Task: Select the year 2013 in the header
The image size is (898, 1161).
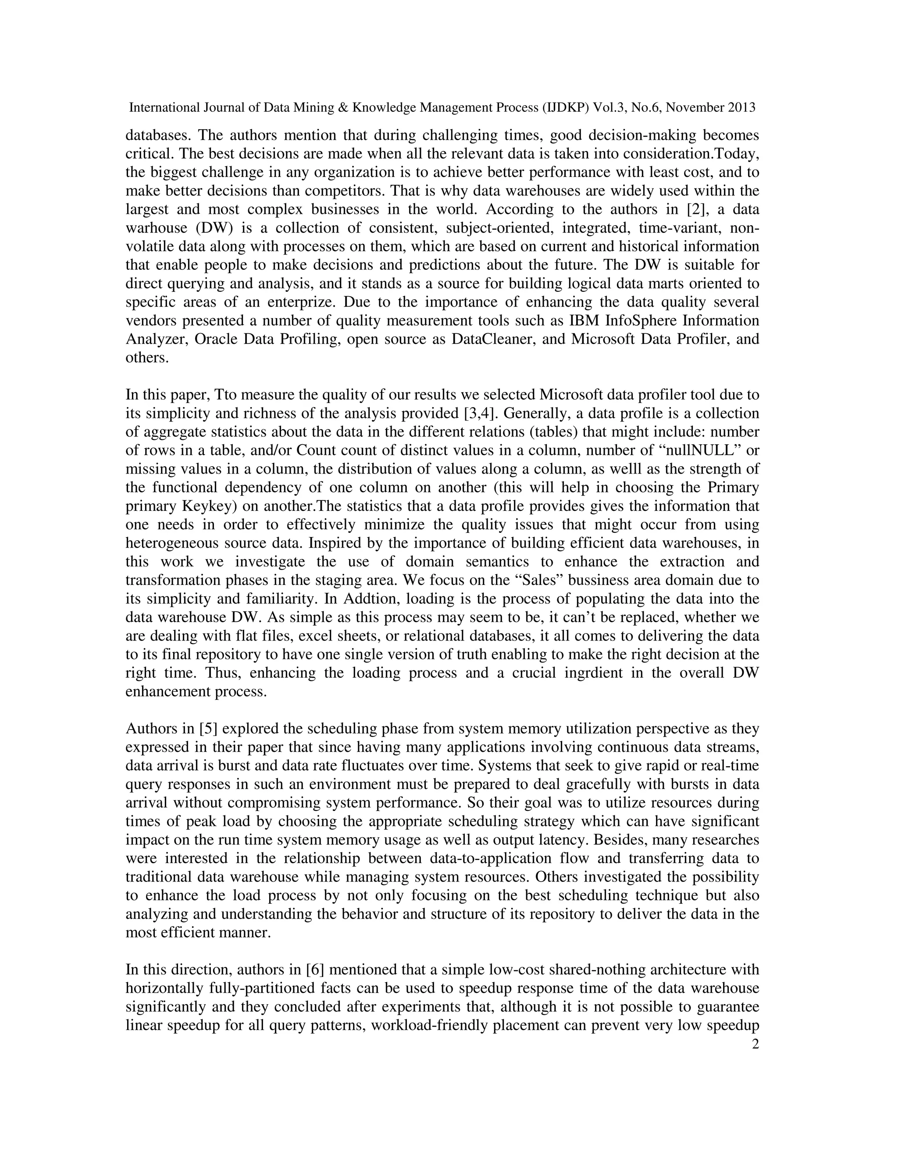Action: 741,108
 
